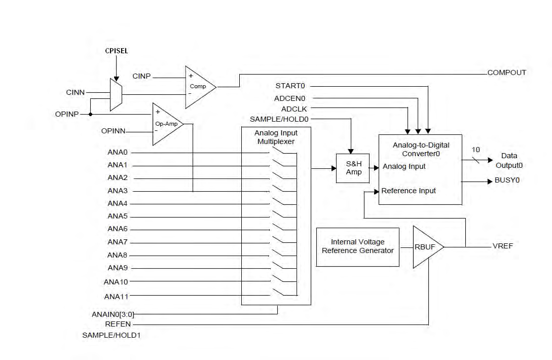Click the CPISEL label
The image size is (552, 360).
pos(116,51)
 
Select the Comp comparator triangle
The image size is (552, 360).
pos(198,87)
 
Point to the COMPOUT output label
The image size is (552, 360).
pos(506,73)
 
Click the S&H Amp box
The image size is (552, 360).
pos(353,168)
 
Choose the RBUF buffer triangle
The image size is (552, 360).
pos(426,247)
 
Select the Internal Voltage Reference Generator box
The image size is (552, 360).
pos(358,246)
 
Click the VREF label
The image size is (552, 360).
pos(503,246)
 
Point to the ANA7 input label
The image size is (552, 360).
pos(118,242)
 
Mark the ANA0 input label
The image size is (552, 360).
pos(118,152)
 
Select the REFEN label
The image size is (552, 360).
pos(118,324)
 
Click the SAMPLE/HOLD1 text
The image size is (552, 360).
pos(111,335)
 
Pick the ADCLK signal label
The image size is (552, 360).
pos(294,109)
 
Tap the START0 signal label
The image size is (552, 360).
pos(293,86)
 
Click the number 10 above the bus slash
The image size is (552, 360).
pos(475,150)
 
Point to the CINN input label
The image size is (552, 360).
pos(76,92)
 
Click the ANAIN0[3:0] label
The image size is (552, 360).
pos(113,314)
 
